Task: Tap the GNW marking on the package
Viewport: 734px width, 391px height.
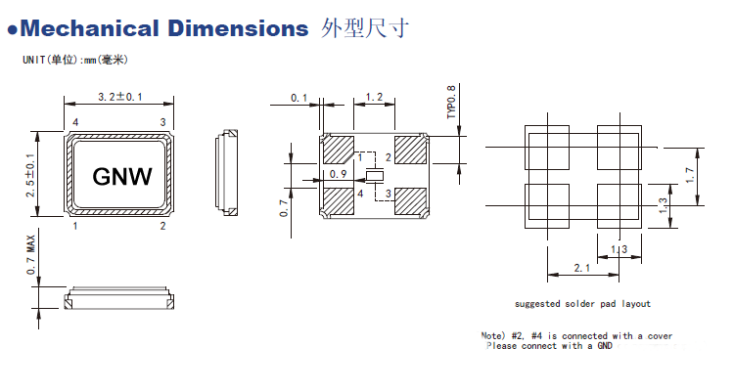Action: (122, 176)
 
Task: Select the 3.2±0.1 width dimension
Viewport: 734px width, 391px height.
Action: (120, 97)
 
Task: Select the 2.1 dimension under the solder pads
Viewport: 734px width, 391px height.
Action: (581, 267)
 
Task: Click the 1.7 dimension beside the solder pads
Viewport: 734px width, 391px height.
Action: (691, 177)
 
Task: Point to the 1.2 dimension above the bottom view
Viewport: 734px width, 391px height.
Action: (373, 97)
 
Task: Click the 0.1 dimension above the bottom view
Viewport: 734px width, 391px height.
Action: (299, 97)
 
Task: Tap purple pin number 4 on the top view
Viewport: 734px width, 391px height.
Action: (75, 121)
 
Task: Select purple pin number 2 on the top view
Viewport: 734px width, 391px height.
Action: (162, 226)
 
